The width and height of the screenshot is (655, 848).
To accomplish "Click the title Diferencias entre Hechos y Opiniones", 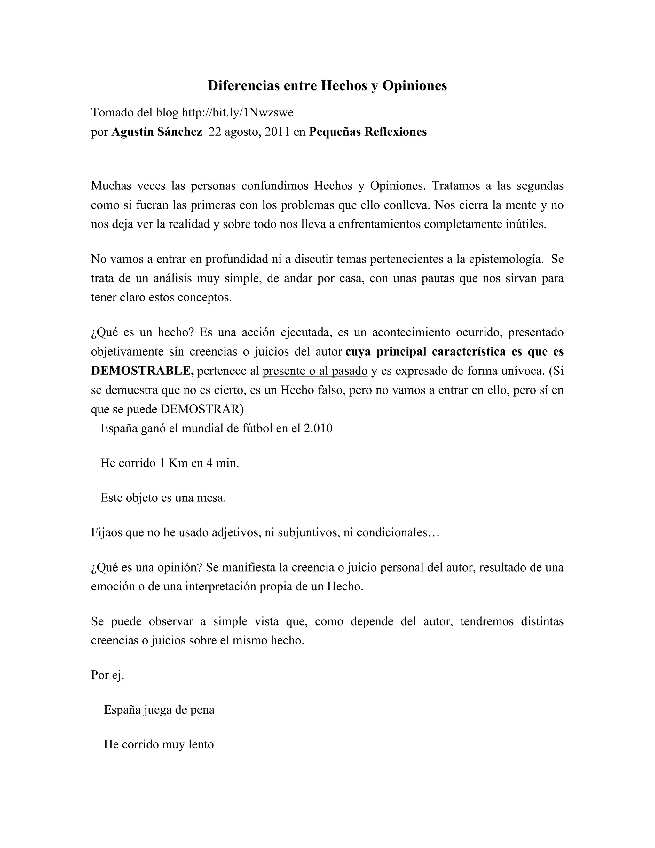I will tap(327, 85).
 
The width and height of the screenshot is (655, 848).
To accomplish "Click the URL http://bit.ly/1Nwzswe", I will tap(238, 113).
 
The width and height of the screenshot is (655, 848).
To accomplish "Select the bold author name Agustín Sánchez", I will tap(157, 132).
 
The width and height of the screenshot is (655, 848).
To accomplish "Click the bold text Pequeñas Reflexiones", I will tap(367, 132).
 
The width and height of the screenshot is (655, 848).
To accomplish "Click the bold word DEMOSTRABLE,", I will tap(142, 371).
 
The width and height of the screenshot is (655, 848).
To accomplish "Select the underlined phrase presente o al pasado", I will tap(315, 371).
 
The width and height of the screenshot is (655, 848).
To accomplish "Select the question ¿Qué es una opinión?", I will tap(146, 567).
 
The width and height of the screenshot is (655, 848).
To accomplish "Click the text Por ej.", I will tap(107, 675).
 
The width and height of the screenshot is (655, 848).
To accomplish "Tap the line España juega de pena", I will tap(159, 710).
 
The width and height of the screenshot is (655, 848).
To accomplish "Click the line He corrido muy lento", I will tap(159, 744).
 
